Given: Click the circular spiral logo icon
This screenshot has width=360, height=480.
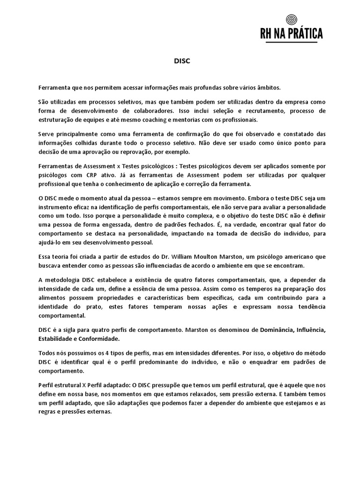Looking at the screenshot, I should [292, 20].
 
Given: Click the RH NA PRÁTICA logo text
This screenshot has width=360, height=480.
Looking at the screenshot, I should [292, 34].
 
